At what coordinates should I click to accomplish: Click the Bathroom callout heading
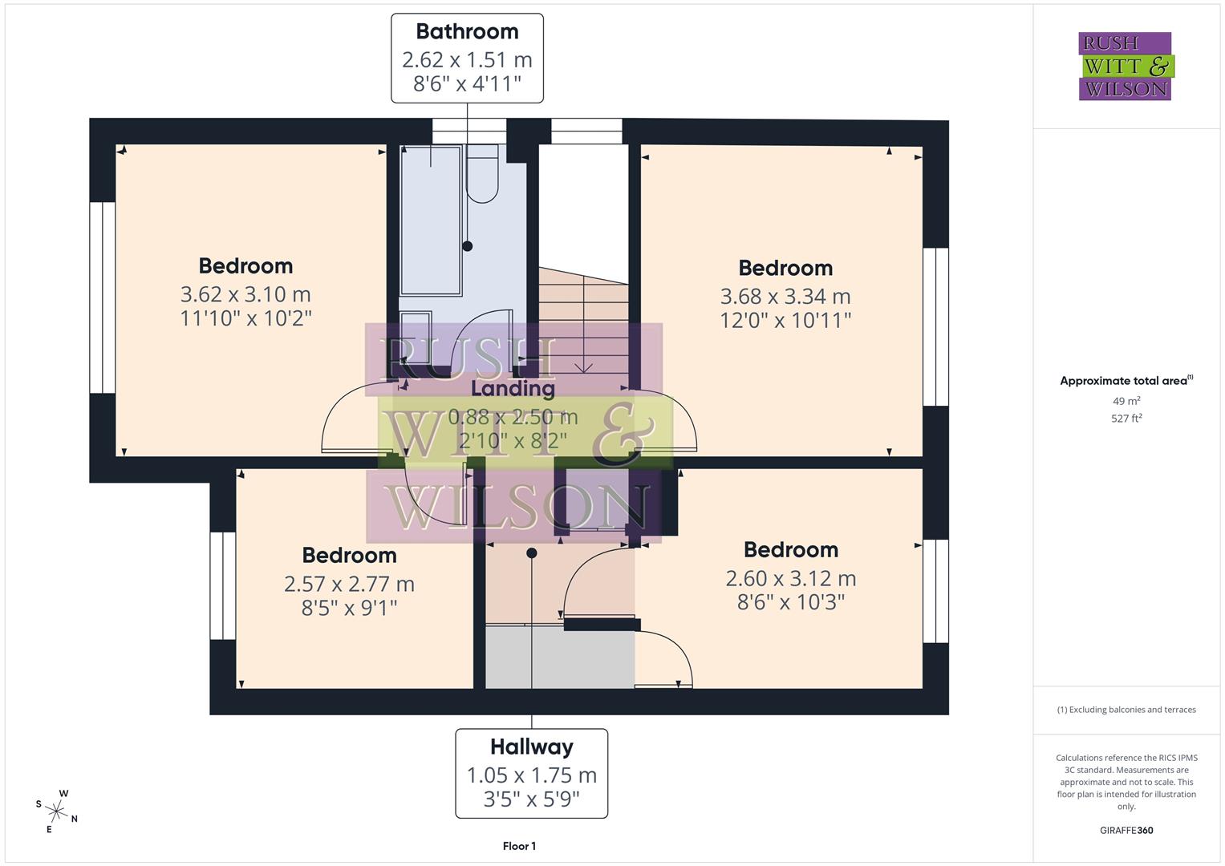(x=467, y=32)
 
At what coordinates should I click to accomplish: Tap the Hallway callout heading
(x=532, y=747)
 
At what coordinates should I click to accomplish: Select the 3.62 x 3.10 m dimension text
(x=245, y=295)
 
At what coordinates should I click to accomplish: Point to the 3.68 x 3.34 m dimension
(x=785, y=297)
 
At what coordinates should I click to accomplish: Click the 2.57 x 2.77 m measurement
(x=349, y=584)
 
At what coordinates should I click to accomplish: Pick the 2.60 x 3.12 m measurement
(x=790, y=578)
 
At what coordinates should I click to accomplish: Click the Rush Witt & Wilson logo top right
(x=1125, y=67)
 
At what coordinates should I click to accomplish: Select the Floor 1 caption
(x=519, y=846)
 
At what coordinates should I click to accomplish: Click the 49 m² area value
(x=1126, y=401)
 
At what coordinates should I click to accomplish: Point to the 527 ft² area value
(x=1126, y=418)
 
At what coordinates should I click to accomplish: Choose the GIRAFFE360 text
(x=1126, y=830)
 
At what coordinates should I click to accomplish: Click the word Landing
(x=513, y=389)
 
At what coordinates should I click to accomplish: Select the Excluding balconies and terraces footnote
(x=1126, y=710)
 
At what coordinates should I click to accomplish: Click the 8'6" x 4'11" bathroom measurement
(x=467, y=83)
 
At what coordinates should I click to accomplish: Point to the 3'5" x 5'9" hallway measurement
(x=532, y=799)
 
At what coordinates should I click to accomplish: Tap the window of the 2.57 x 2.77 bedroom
(x=223, y=585)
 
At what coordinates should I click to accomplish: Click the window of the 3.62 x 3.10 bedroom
(x=103, y=297)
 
